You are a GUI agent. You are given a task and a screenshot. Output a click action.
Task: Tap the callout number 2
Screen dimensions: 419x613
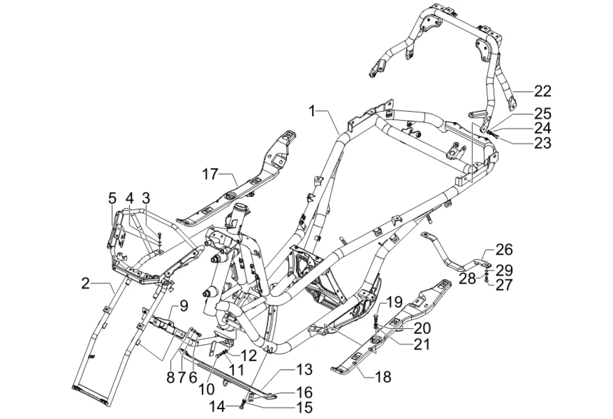coord(85,283)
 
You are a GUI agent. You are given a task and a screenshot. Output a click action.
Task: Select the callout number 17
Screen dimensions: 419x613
coord(211,175)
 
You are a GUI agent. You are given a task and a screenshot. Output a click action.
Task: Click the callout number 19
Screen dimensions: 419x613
coord(394,302)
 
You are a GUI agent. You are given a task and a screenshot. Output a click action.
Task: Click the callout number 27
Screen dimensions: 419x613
coord(504,284)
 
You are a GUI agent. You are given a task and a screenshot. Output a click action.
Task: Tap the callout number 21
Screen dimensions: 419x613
coord(422,344)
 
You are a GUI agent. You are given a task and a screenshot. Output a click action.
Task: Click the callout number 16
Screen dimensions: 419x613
coord(304,392)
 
